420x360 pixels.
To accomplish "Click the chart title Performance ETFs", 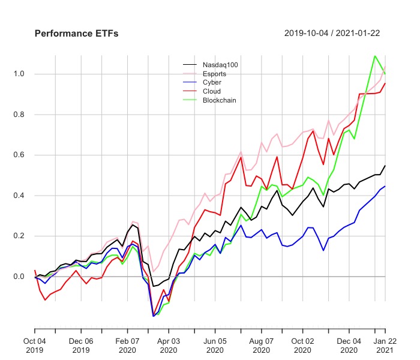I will point(76,34).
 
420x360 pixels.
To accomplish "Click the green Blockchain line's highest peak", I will point(375,56).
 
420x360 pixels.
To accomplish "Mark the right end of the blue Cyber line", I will point(385,186).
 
